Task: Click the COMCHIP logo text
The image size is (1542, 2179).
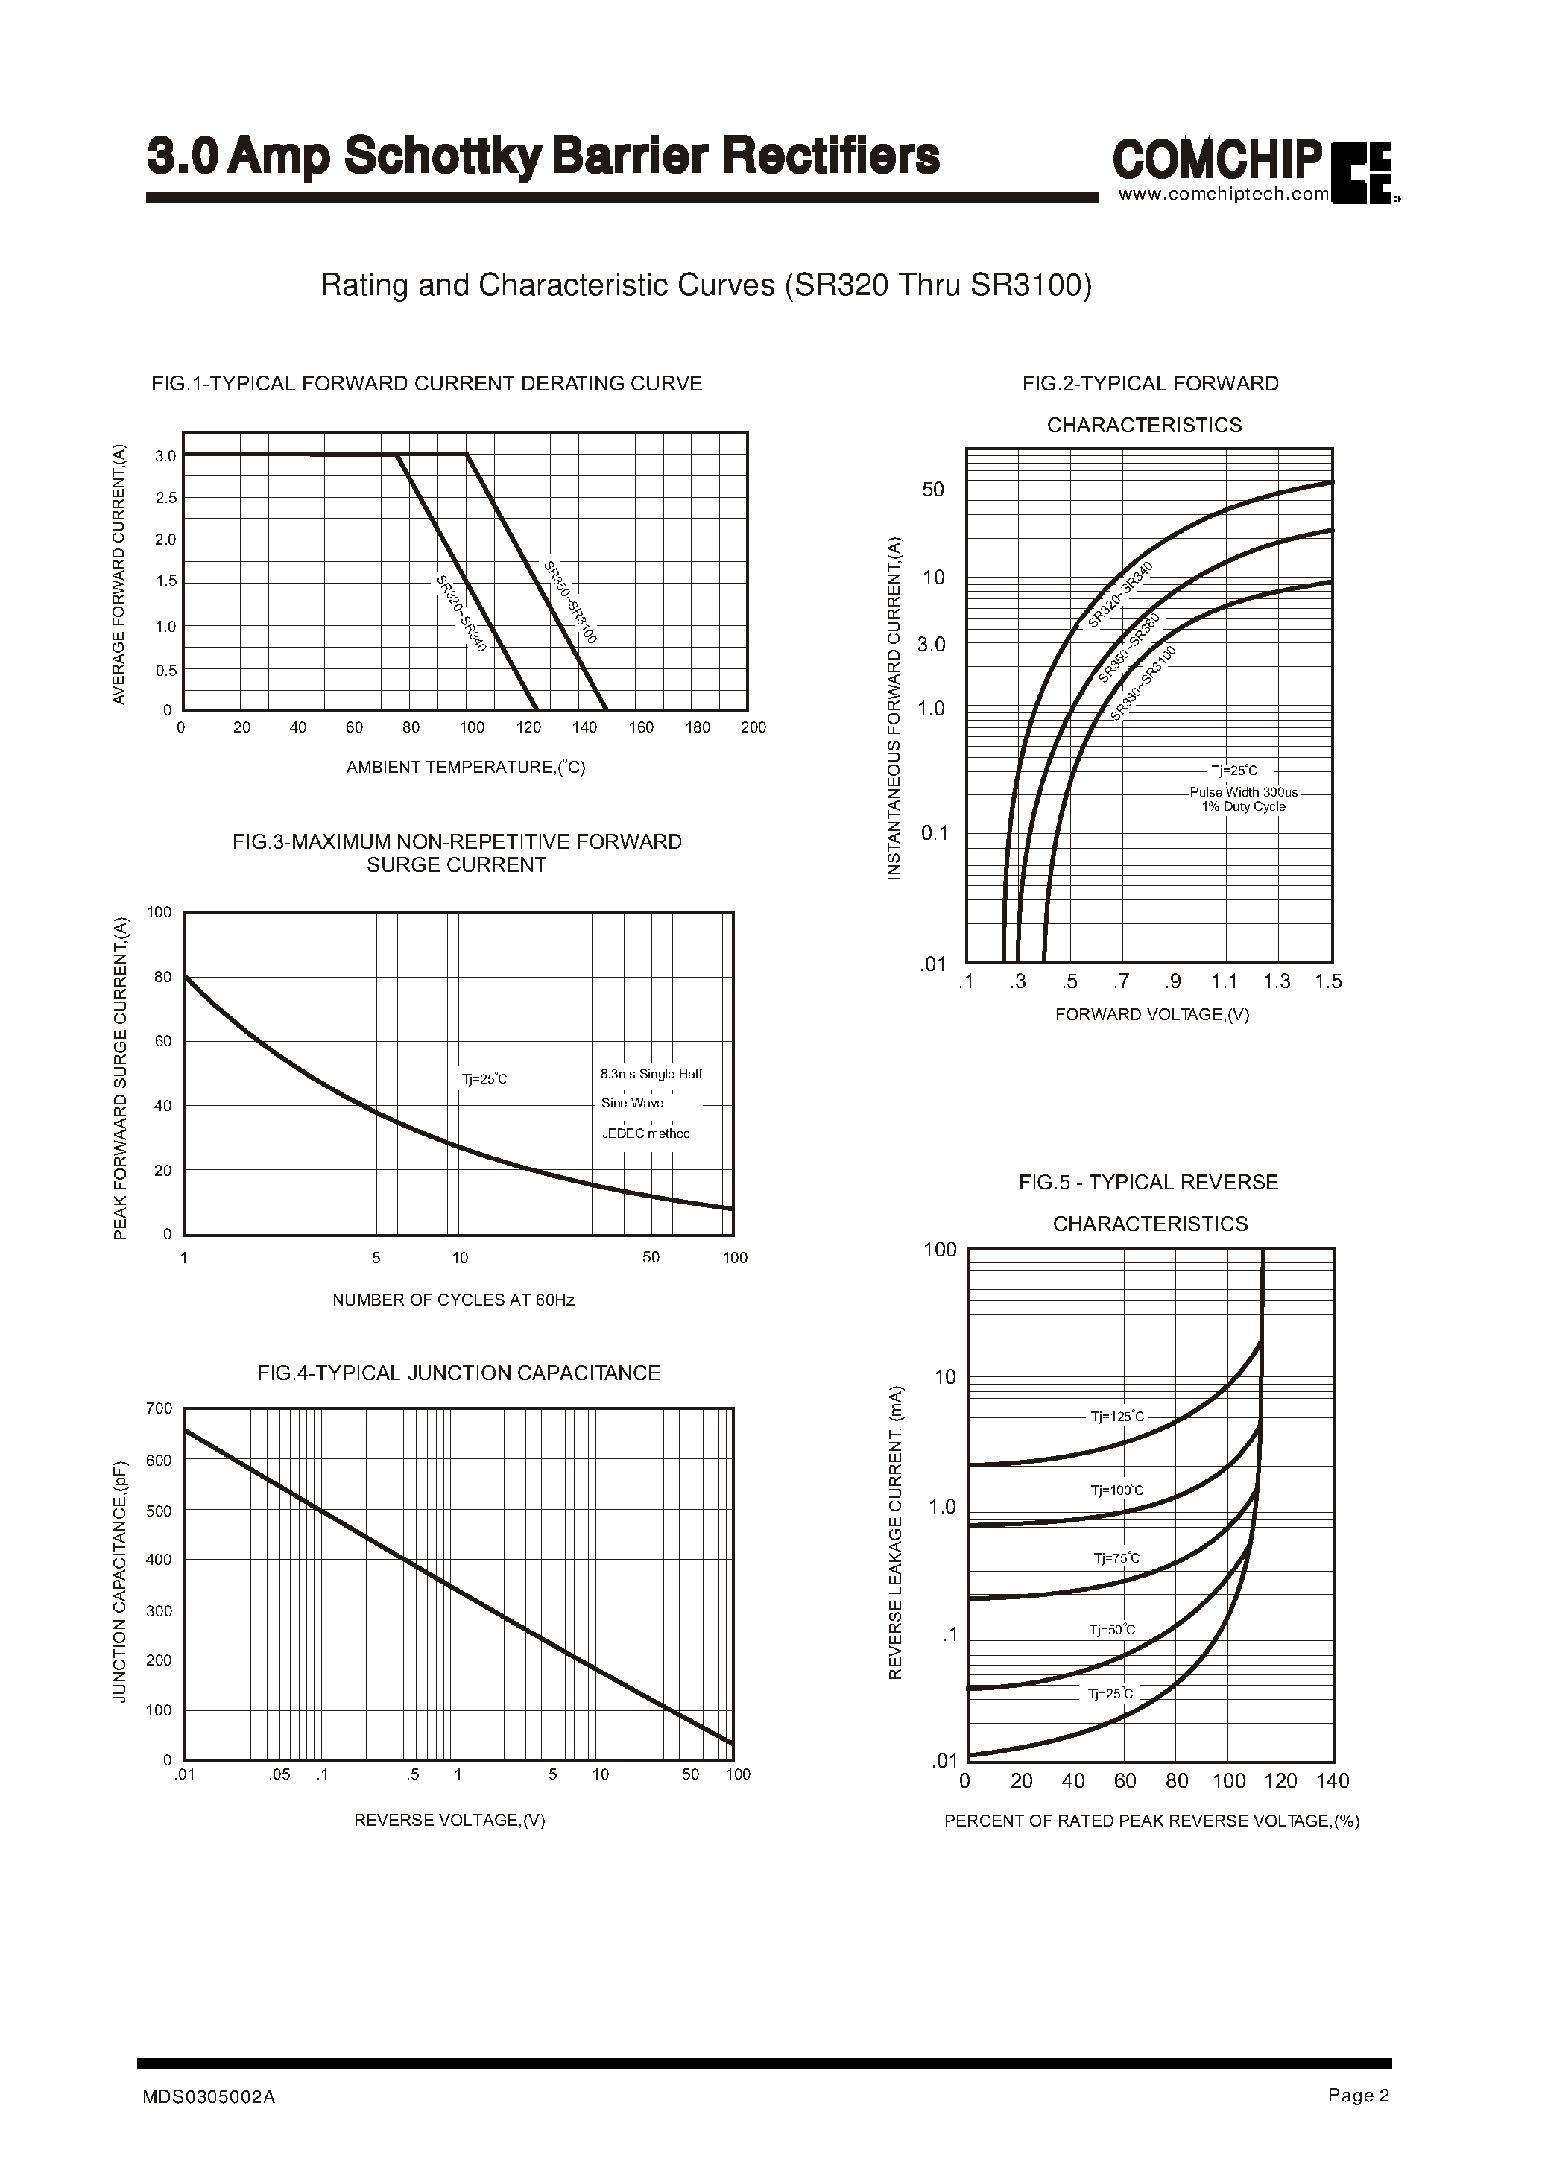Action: point(1217,159)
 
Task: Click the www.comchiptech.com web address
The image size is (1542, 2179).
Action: point(1224,194)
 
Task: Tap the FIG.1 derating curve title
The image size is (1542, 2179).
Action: point(426,384)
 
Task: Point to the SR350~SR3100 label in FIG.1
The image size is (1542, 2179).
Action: point(569,603)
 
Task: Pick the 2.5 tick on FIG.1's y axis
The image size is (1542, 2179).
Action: point(165,498)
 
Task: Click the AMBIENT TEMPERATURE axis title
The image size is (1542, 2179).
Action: point(465,767)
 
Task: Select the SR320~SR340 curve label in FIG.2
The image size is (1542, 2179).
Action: point(1120,595)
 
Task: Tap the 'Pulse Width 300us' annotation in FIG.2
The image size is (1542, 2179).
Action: point(1243,792)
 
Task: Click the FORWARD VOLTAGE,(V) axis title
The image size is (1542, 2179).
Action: point(1151,1015)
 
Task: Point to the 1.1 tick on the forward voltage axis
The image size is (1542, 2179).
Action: point(1224,981)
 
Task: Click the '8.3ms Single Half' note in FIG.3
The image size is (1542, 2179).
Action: point(651,1074)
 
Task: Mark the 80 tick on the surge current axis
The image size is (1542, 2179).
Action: point(162,977)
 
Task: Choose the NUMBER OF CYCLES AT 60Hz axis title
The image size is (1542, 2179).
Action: point(453,1300)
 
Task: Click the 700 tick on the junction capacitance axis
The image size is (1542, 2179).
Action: point(159,1408)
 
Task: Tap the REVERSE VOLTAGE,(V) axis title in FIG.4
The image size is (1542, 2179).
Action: point(449,1820)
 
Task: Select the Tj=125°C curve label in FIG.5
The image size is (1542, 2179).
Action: point(1118,1417)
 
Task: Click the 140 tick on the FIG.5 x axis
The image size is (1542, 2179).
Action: point(1332,1781)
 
